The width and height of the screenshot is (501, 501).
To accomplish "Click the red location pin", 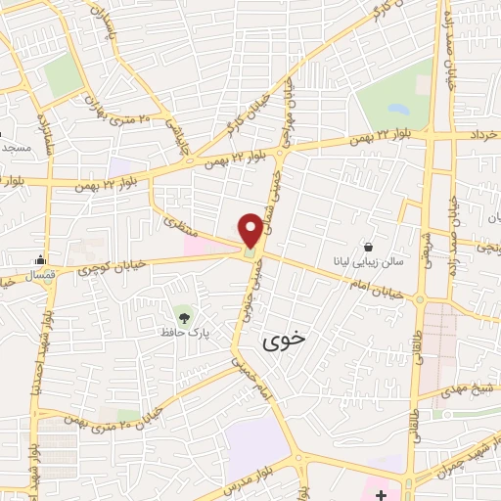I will tap(250, 228).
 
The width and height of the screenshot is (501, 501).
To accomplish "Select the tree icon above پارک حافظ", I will tap(183, 314).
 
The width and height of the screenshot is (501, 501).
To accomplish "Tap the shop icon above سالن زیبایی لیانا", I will tap(369, 248).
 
